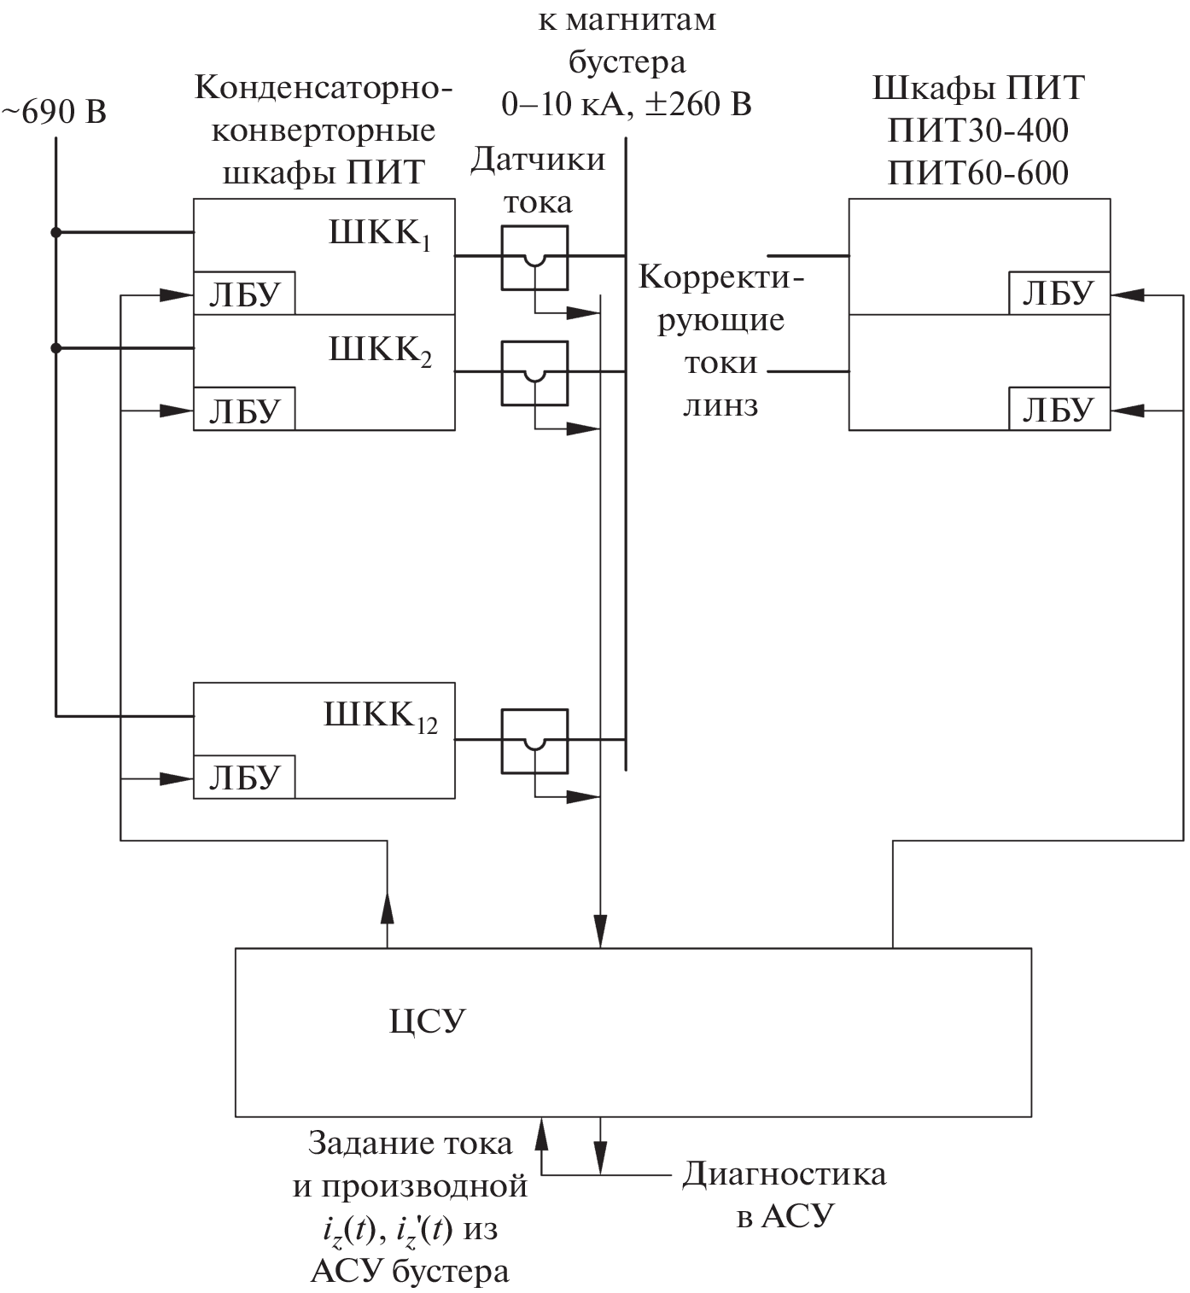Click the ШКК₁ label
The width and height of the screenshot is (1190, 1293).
(x=380, y=235)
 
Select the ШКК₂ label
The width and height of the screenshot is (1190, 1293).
(x=380, y=351)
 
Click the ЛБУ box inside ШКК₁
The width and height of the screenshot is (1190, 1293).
(x=244, y=294)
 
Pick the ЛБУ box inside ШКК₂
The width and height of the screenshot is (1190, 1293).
(x=244, y=410)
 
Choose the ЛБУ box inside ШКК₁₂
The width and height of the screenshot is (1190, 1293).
(x=244, y=778)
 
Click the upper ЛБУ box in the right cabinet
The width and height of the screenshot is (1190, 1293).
(x=1059, y=294)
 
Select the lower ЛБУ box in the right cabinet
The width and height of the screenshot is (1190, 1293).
(x=1059, y=410)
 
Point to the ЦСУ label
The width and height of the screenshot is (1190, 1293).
(x=428, y=1021)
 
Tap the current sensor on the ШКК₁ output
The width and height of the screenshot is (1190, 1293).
(x=534, y=258)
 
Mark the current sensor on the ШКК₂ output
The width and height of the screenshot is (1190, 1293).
(x=534, y=373)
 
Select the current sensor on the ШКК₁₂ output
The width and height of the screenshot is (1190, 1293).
(x=534, y=741)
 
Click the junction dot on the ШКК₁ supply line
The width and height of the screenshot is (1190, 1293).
(x=56, y=232)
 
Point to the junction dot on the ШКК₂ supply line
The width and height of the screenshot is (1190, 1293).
(x=56, y=348)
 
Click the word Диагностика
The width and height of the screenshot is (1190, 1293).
(x=784, y=1174)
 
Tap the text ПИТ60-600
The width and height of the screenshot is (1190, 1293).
(x=978, y=173)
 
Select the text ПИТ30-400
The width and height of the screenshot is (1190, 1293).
(x=978, y=131)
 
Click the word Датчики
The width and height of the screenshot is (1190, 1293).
(x=538, y=160)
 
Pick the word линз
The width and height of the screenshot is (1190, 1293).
(x=720, y=405)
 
